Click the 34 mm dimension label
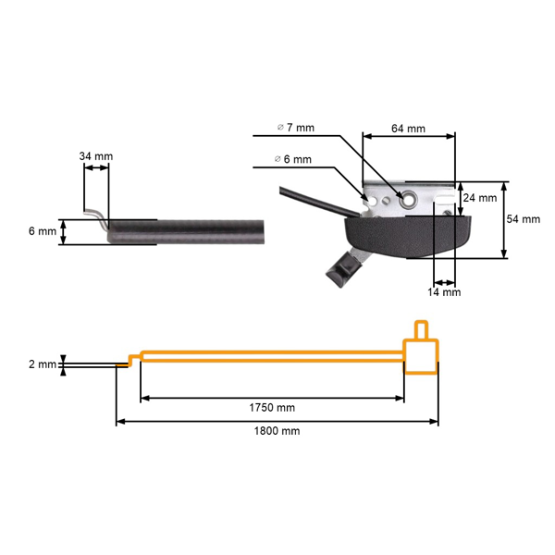[x=96, y=156]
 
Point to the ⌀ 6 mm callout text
[x=293, y=159]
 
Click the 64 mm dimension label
[x=408, y=129]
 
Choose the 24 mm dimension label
[x=480, y=198]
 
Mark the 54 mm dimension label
[x=524, y=219]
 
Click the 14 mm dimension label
[x=444, y=291]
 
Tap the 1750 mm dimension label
[x=272, y=408]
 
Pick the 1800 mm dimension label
[x=277, y=431]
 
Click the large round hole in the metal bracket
[x=404, y=196]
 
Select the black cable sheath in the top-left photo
[x=185, y=230]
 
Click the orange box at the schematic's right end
[x=421, y=357]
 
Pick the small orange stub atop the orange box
[x=421, y=329]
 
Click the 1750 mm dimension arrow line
[x=272, y=398]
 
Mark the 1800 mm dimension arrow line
[x=277, y=422]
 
